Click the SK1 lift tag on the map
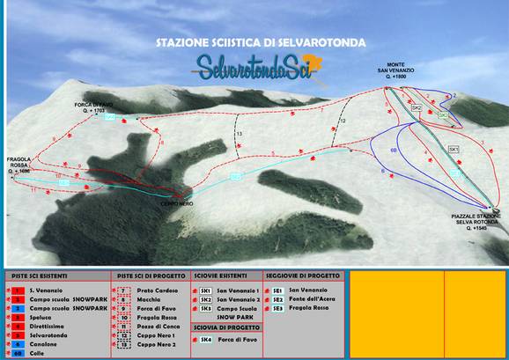click(454, 151)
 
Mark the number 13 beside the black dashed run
click(239, 132)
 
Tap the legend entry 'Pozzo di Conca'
click(159, 326)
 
